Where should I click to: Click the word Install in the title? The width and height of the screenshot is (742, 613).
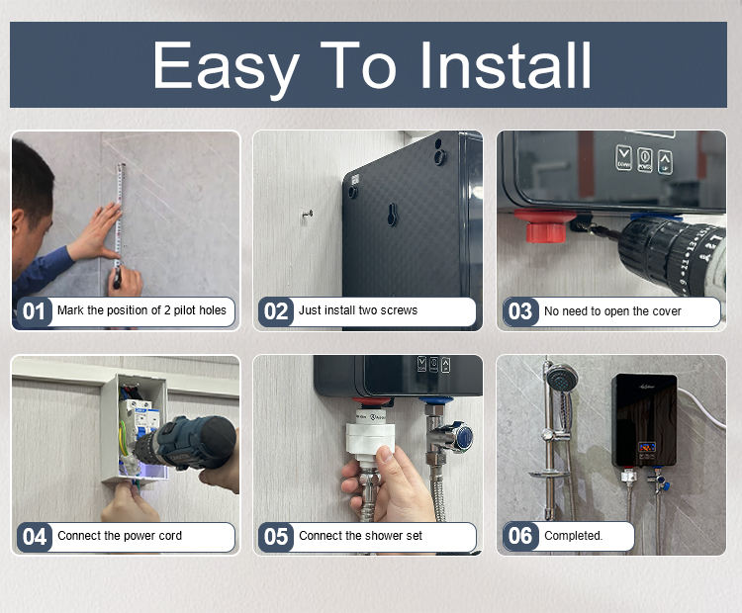point(506,65)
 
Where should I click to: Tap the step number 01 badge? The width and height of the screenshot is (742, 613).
point(34,311)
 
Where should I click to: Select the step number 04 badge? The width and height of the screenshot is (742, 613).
point(34,537)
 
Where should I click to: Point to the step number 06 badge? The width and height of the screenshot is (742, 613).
point(520,536)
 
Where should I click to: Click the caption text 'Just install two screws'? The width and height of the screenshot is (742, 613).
point(358,310)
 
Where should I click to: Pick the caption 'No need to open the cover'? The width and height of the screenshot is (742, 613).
point(612,311)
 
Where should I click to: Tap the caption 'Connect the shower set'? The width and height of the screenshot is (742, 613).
point(360,536)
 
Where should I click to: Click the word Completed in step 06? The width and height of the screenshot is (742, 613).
point(573,536)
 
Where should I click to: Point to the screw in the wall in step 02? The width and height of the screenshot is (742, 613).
point(307,216)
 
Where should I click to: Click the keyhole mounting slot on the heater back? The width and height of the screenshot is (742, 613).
point(392,215)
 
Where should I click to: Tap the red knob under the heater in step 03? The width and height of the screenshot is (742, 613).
point(545,226)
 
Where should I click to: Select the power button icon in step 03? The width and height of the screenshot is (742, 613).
point(644,159)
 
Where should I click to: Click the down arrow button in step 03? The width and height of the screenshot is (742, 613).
point(623,157)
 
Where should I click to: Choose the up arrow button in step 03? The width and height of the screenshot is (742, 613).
point(665,162)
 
